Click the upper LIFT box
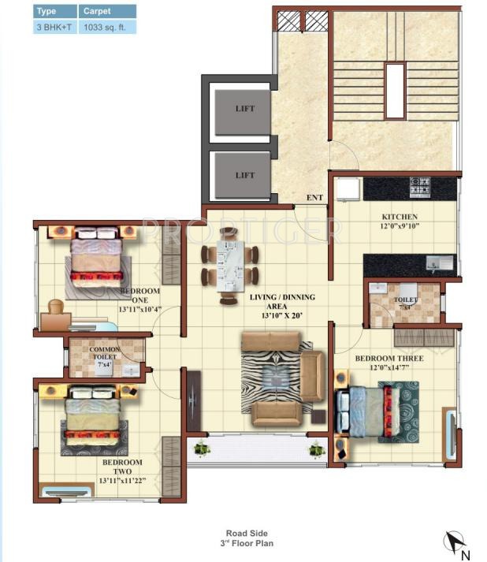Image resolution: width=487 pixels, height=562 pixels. point(244,110)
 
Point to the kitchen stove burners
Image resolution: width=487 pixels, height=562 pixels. point(419,188)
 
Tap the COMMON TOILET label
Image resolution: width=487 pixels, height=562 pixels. point(104,354)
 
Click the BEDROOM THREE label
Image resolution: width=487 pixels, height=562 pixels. point(388,359)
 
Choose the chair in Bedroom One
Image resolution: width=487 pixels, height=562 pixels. point(56,308)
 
